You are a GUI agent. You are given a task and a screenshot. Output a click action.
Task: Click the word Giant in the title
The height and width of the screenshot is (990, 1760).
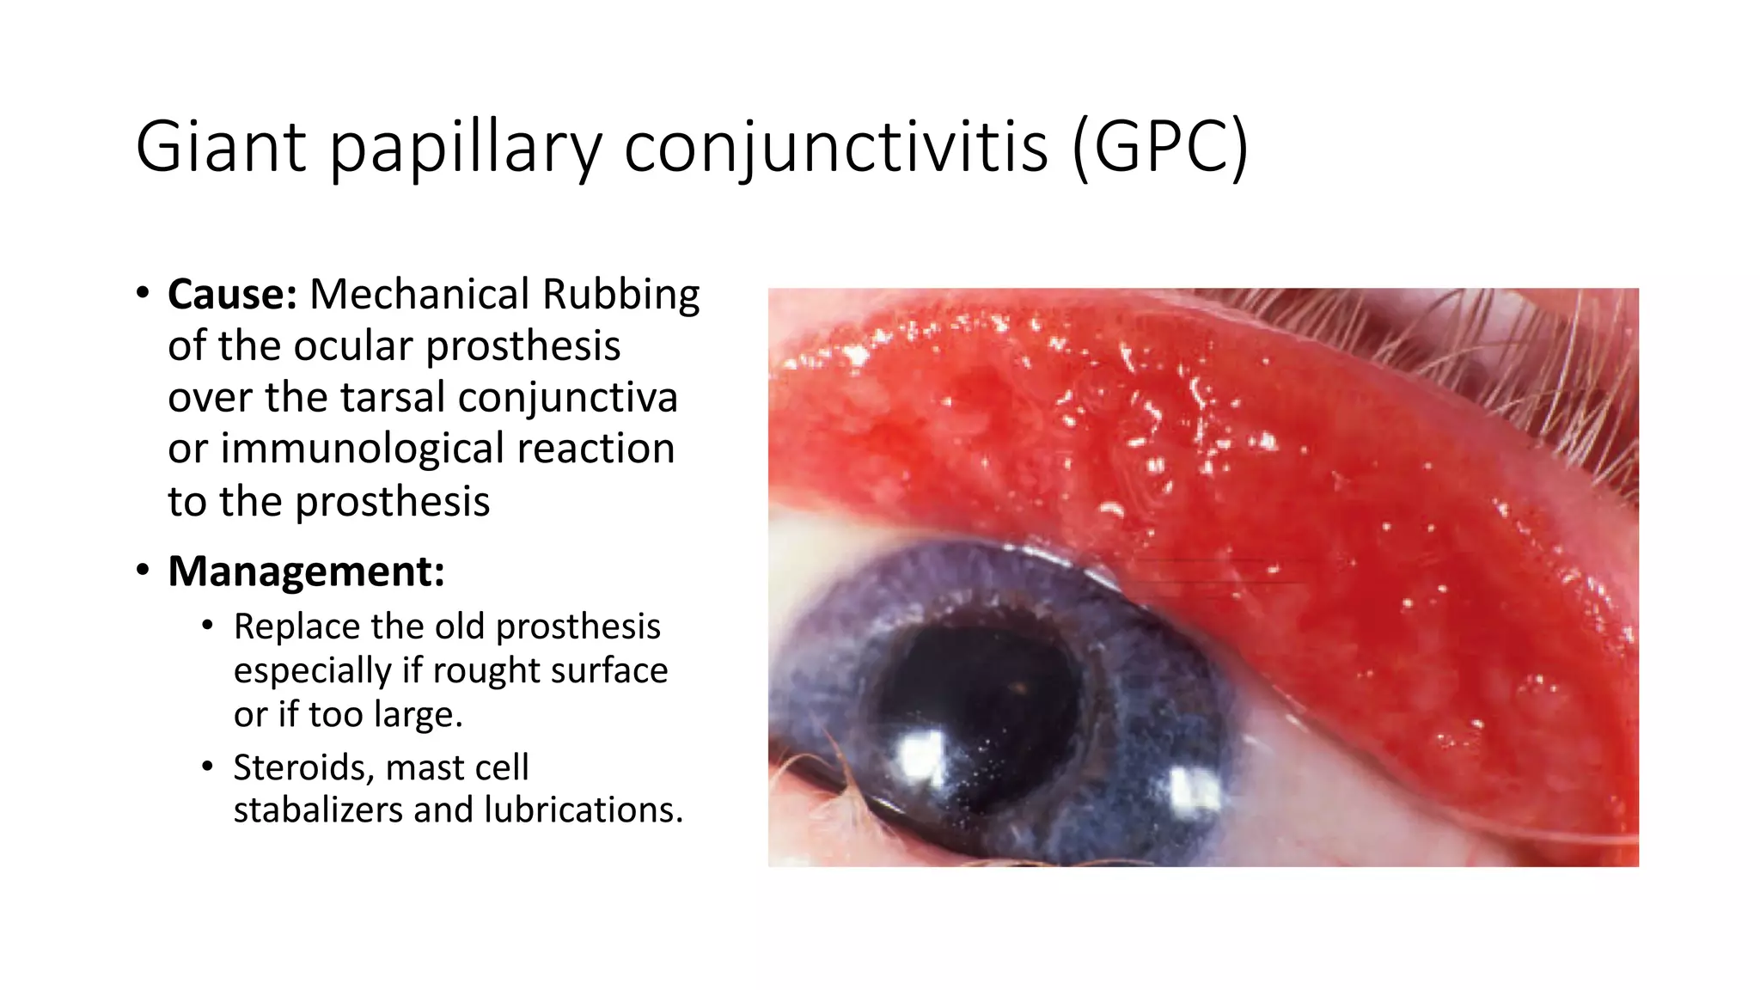(x=221, y=147)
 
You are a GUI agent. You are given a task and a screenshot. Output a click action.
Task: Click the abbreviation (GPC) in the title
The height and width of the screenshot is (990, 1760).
(x=1160, y=147)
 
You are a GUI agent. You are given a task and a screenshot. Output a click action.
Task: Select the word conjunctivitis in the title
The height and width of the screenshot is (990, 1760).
(x=835, y=147)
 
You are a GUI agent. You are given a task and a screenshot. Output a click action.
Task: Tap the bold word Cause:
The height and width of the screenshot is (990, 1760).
(x=232, y=295)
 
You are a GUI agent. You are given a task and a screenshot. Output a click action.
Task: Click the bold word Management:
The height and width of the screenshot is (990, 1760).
(x=306, y=571)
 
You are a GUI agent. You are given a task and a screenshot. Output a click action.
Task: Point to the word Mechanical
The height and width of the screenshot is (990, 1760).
(x=420, y=295)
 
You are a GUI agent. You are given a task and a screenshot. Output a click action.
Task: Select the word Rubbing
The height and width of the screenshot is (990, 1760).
(x=621, y=295)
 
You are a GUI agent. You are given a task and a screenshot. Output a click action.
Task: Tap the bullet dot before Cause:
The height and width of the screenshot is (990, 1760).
(x=143, y=292)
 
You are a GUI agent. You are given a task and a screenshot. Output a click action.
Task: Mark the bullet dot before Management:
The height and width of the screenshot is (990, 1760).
(x=143, y=570)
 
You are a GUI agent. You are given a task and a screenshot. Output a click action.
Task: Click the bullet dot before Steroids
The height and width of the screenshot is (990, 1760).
(x=207, y=766)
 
